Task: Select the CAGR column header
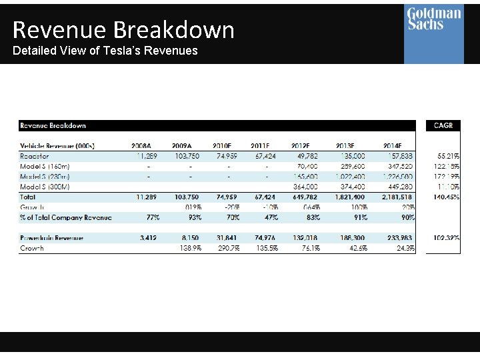point(443,125)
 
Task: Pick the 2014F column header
point(397,145)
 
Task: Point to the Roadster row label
point(35,156)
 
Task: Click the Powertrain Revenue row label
point(51,238)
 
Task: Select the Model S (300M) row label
point(45,187)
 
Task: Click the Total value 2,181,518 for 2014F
point(397,197)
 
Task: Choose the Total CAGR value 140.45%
point(445,197)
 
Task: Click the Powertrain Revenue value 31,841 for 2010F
point(227,238)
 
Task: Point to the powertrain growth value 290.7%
point(227,248)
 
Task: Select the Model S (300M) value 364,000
point(305,187)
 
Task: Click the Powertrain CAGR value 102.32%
point(445,238)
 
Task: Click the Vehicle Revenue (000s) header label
point(57,145)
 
